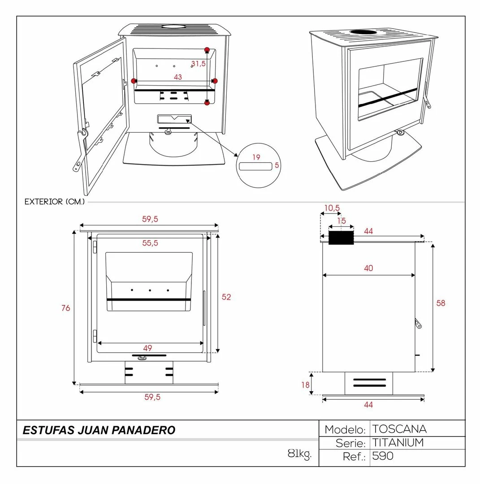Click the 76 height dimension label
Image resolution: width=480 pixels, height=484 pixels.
pos(65,308)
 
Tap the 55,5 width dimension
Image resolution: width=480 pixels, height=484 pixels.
pos(150,243)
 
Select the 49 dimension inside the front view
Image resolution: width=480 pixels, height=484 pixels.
pos(147,348)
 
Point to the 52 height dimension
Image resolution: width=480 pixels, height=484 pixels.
pos(226,297)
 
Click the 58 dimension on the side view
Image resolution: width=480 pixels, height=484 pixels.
pos(441,303)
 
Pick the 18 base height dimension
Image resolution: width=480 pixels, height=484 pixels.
pos(305,385)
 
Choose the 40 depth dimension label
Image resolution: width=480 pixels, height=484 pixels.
pos(368,268)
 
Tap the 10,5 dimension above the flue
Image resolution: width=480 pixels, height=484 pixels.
pos(332,208)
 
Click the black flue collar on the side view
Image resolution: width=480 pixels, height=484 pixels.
pos(341,238)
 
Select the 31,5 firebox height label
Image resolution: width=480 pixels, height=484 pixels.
pos(198,64)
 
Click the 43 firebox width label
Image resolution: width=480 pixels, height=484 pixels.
pos(178,77)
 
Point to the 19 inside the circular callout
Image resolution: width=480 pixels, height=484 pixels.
pos(256,157)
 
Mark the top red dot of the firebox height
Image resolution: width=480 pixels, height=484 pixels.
pos(207,50)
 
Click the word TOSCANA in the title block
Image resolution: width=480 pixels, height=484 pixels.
pos(399,429)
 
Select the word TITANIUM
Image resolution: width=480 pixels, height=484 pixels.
pos(398,443)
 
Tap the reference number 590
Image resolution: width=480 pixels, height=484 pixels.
pos(383,456)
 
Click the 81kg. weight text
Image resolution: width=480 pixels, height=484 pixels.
pos(299,454)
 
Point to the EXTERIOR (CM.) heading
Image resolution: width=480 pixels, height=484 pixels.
pos(55,202)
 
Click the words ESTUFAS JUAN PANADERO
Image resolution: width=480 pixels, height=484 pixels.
pos(99,430)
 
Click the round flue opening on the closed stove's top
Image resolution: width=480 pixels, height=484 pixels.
pos(365,32)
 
